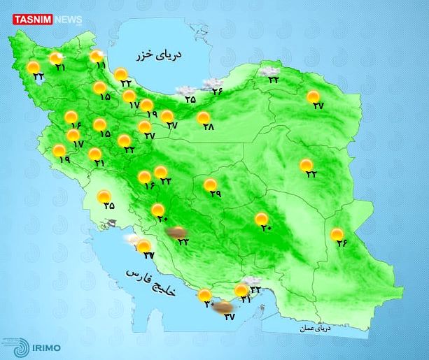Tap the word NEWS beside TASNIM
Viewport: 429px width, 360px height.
(67, 20)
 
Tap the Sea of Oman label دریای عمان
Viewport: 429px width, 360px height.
(314, 327)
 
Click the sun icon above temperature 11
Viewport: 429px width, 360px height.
(95, 57)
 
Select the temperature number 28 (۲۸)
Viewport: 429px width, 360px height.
(208, 127)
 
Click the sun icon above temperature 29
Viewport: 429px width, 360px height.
(210, 185)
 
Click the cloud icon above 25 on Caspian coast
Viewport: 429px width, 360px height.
(185, 90)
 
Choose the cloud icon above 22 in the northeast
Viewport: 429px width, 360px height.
(267, 70)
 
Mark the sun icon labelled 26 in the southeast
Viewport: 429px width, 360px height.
(337, 234)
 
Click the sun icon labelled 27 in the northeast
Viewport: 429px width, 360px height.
(313, 96)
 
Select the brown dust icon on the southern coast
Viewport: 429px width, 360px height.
(223, 306)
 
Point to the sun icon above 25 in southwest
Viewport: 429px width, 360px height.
(104, 196)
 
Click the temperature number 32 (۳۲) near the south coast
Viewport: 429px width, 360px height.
(255, 289)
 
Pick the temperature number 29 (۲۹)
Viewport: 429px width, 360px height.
(215, 194)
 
